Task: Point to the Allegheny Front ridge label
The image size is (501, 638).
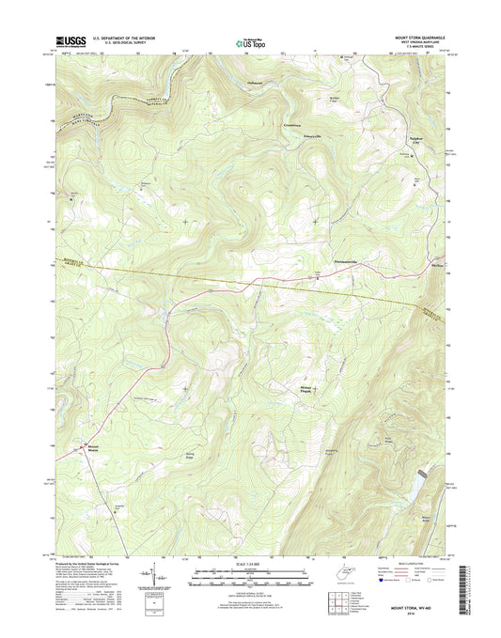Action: (x=334, y=453)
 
